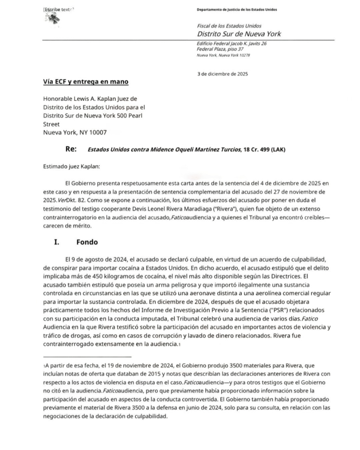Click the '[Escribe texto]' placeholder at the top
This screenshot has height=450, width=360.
click(58, 9)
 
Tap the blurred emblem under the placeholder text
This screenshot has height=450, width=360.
click(54, 18)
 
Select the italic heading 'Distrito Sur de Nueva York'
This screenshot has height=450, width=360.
click(239, 34)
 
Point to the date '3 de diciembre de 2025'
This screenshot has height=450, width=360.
click(222, 74)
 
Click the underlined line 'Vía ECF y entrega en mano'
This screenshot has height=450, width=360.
click(85, 82)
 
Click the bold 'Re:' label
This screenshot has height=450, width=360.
click(71, 149)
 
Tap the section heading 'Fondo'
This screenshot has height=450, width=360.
click(87, 242)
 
